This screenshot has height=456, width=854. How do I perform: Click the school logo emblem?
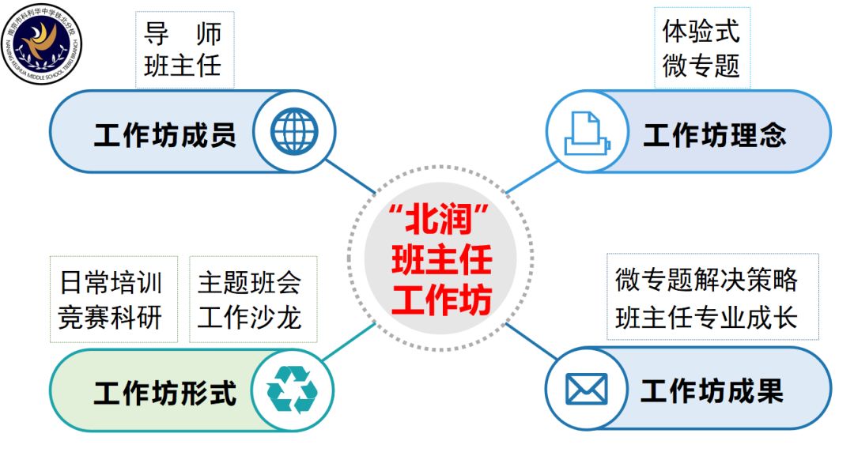point(42,44)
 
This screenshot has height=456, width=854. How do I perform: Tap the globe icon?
point(294,131)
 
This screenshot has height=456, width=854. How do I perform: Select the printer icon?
point(587,133)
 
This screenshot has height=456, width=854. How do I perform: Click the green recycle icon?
point(292,390)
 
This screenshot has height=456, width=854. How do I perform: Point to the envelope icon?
point(586,389)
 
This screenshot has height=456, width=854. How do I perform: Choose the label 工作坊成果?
point(712,390)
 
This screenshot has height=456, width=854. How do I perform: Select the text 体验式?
point(701,31)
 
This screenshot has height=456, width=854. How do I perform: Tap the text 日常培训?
point(111,282)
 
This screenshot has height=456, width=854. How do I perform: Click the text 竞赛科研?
point(111,318)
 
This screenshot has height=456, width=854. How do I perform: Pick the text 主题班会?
point(249,282)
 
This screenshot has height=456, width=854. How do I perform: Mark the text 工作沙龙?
point(249,318)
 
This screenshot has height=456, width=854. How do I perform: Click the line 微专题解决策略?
point(706,281)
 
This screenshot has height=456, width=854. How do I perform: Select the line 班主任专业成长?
point(706,318)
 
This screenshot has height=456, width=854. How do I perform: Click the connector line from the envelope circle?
point(531,341)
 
